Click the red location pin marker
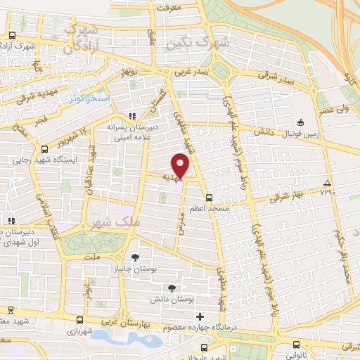coord(181,166)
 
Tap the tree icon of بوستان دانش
coord(172,287)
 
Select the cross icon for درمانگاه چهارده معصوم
coord(200,316)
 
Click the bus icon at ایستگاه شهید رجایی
coord(45,149)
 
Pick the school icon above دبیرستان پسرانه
coord(131,116)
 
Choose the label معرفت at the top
coord(169,8)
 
